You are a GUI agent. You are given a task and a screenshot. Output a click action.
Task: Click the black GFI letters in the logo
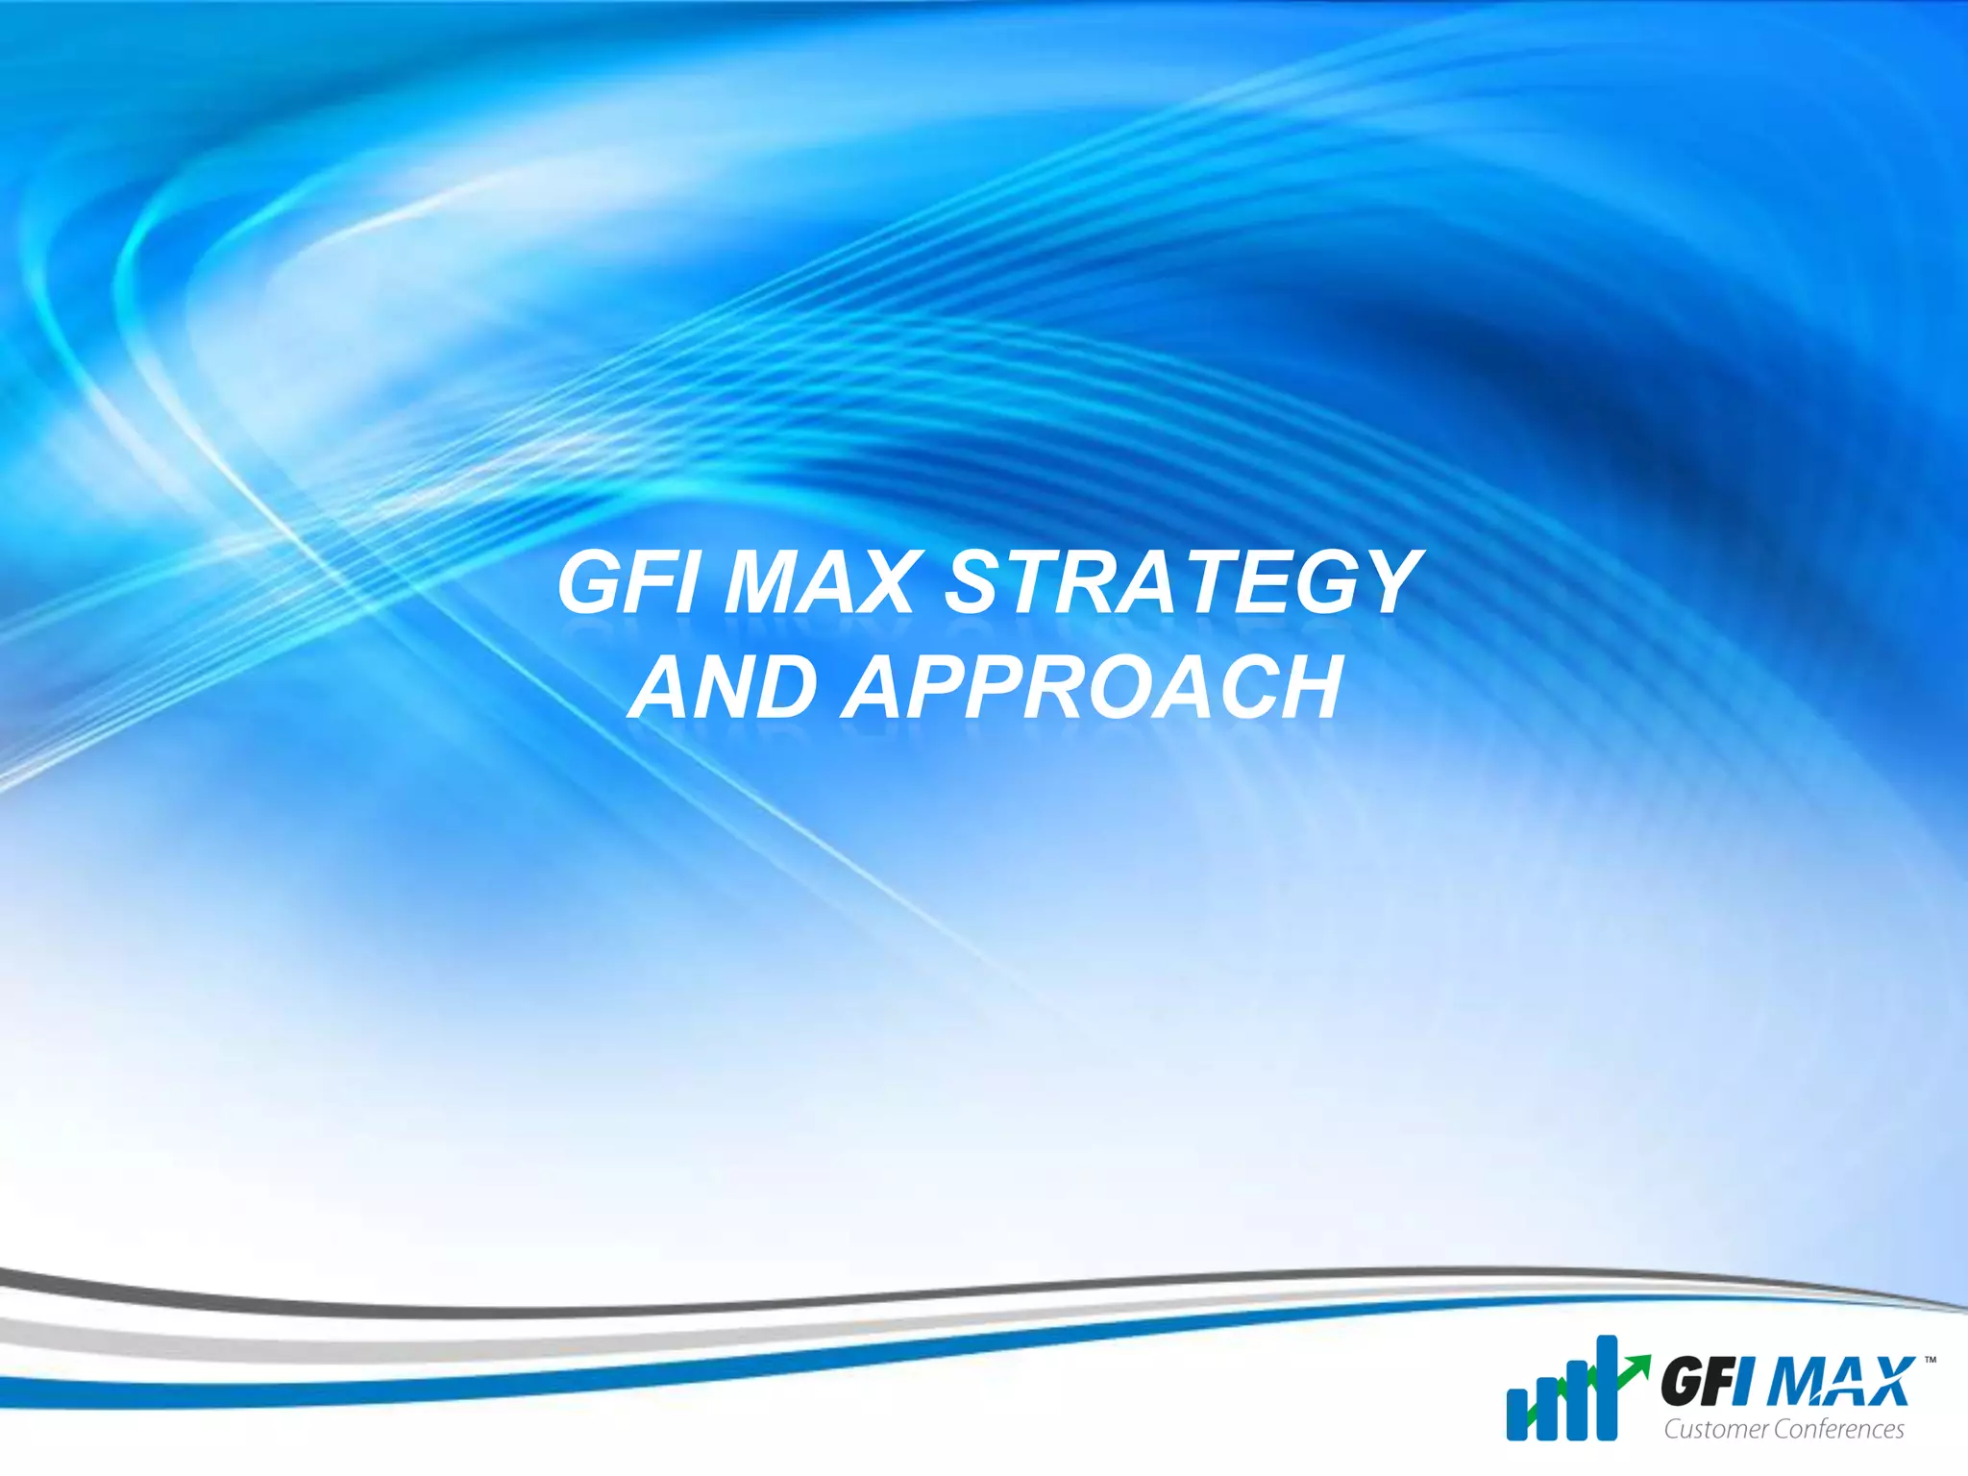point(1699,1386)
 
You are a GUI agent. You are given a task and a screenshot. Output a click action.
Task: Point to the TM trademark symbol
point(1930,1361)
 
